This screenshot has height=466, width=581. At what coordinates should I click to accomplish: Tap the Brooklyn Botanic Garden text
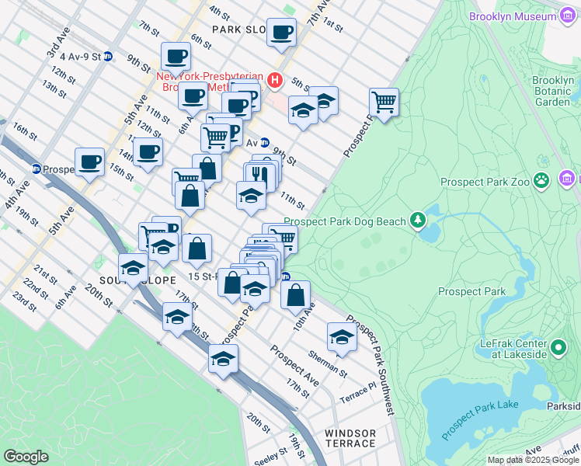click(x=553, y=91)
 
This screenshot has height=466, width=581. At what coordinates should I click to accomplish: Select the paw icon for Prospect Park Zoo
click(x=541, y=182)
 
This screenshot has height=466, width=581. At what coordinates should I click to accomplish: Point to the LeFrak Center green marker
click(x=558, y=347)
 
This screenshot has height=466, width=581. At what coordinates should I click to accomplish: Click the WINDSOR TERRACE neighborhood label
click(x=350, y=438)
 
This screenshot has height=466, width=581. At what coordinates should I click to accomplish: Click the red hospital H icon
click(x=273, y=79)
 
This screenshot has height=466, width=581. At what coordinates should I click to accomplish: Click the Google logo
click(x=25, y=457)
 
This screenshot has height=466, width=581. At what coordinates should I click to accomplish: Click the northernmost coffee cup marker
click(x=281, y=32)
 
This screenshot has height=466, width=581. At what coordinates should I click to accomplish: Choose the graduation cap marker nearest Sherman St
click(x=342, y=336)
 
